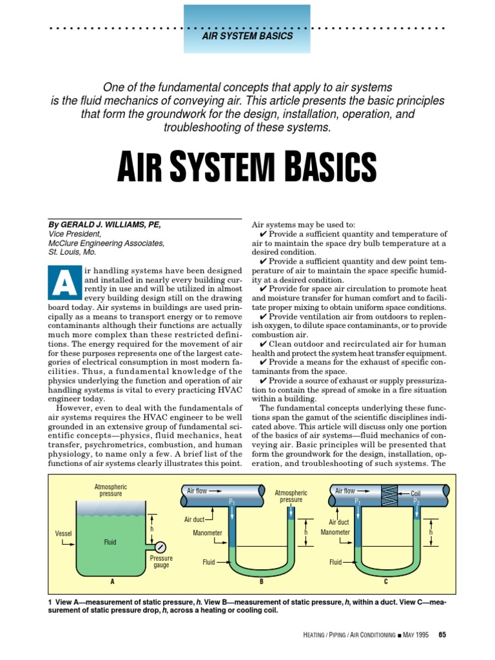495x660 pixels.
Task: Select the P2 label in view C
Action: tap(416, 501)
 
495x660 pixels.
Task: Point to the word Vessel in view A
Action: tap(64, 534)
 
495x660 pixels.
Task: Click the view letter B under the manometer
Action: tap(262, 581)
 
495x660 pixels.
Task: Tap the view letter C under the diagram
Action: tap(385, 581)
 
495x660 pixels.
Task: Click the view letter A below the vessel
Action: tap(112, 581)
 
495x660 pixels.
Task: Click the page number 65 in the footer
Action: tap(442, 635)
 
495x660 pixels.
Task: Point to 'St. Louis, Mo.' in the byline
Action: tap(72, 253)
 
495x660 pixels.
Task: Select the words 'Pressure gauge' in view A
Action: tap(160, 561)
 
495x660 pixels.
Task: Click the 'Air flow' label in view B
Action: tap(197, 491)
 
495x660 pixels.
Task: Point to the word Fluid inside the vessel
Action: tap(110, 542)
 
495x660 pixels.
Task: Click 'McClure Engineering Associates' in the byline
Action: tap(106, 243)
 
